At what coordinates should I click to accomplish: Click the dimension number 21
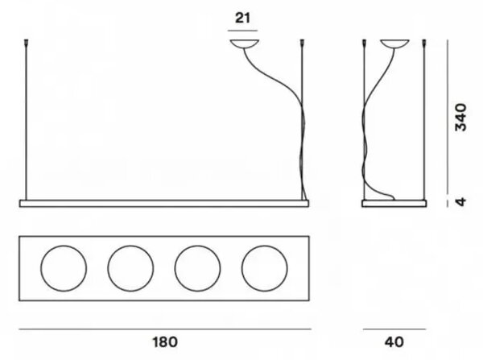coord(243,18)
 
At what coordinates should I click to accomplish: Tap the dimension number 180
coord(165,342)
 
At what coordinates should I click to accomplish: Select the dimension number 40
coord(394,342)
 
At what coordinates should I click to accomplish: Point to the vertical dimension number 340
coord(461,118)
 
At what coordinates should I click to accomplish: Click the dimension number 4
coord(461,202)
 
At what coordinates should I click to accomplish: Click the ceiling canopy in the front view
coord(244,44)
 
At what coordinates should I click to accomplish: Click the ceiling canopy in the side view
coord(394,43)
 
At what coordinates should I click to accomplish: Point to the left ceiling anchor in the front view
coord(26,43)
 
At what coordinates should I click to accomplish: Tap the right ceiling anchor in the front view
coord(302,43)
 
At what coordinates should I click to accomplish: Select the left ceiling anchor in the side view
coord(365,43)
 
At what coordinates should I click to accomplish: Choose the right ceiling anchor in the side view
coord(424,43)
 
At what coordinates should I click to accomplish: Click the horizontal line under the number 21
coord(243,31)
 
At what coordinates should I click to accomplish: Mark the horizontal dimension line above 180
coord(165,329)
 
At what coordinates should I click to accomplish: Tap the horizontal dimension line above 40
coord(394,329)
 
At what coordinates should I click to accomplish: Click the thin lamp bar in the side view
coord(394,204)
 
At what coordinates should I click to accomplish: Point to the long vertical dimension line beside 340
coord(448,117)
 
